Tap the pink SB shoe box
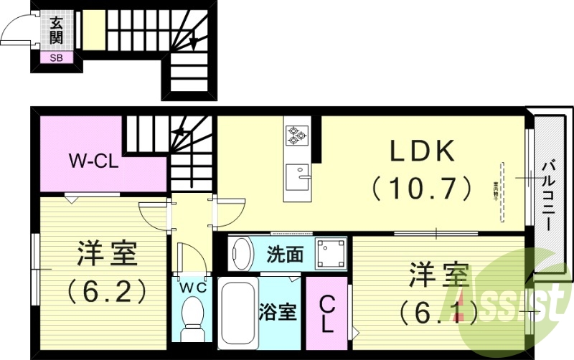tap(55, 58)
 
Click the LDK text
tap(422, 152)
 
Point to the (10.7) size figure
tap(422, 189)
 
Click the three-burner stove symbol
tap(296, 134)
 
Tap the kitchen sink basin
tap(296, 174)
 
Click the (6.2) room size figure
tap(108, 290)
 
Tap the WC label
tap(192, 288)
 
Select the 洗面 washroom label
tap(284, 254)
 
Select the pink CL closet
tap(326, 316)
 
